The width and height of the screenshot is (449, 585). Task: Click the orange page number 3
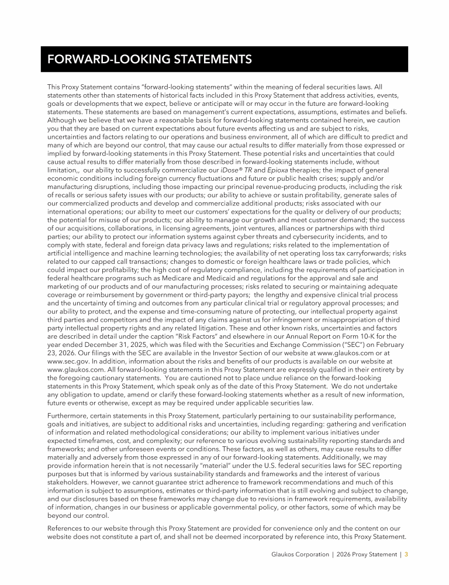[x=406, y=553]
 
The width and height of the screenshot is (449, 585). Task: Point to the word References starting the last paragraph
[x=67, y=529]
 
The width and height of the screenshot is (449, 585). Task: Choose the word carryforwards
[x=363, y=253]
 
